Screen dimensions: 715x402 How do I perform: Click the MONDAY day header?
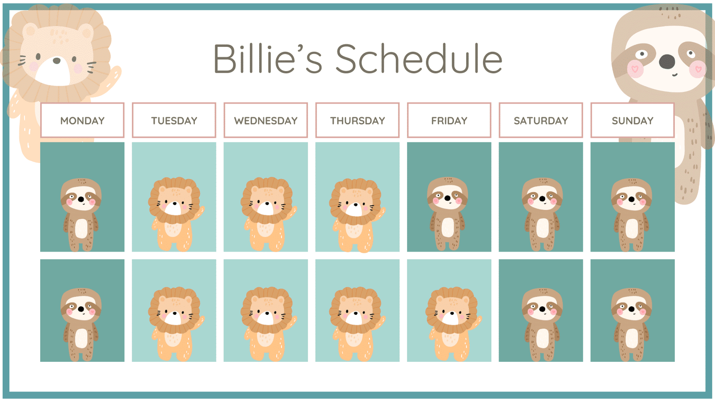point(82,120)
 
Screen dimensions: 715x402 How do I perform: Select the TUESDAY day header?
point(174,120)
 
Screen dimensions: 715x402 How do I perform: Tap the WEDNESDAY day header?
point(265,120)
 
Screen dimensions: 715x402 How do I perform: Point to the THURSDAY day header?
point(357,120)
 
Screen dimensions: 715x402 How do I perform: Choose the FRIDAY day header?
point(449,120)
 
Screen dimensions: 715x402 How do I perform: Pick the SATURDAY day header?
point(541,120)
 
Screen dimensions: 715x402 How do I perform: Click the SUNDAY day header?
point(632,120)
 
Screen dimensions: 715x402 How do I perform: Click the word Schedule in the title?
point(419,59)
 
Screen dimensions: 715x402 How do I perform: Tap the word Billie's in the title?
point(268,59)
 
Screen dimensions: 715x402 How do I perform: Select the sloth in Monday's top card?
point(81,215)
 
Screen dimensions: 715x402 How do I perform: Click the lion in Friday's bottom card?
point(453,324)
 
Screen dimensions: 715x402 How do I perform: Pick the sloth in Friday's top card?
point(447,214)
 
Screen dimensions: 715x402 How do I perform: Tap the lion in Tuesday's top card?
point(176,214)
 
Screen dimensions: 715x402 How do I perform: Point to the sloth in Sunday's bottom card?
point(632,324)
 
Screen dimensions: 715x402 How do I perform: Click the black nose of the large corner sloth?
point(667,62)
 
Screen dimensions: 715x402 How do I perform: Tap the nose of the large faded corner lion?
point(56,60)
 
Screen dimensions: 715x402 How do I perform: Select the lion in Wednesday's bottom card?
point(269,324)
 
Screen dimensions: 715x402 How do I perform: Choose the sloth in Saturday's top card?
point(543,214)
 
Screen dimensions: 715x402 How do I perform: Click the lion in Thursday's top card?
point(357,215)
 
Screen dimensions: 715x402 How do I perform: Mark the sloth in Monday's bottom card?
point(81,324)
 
